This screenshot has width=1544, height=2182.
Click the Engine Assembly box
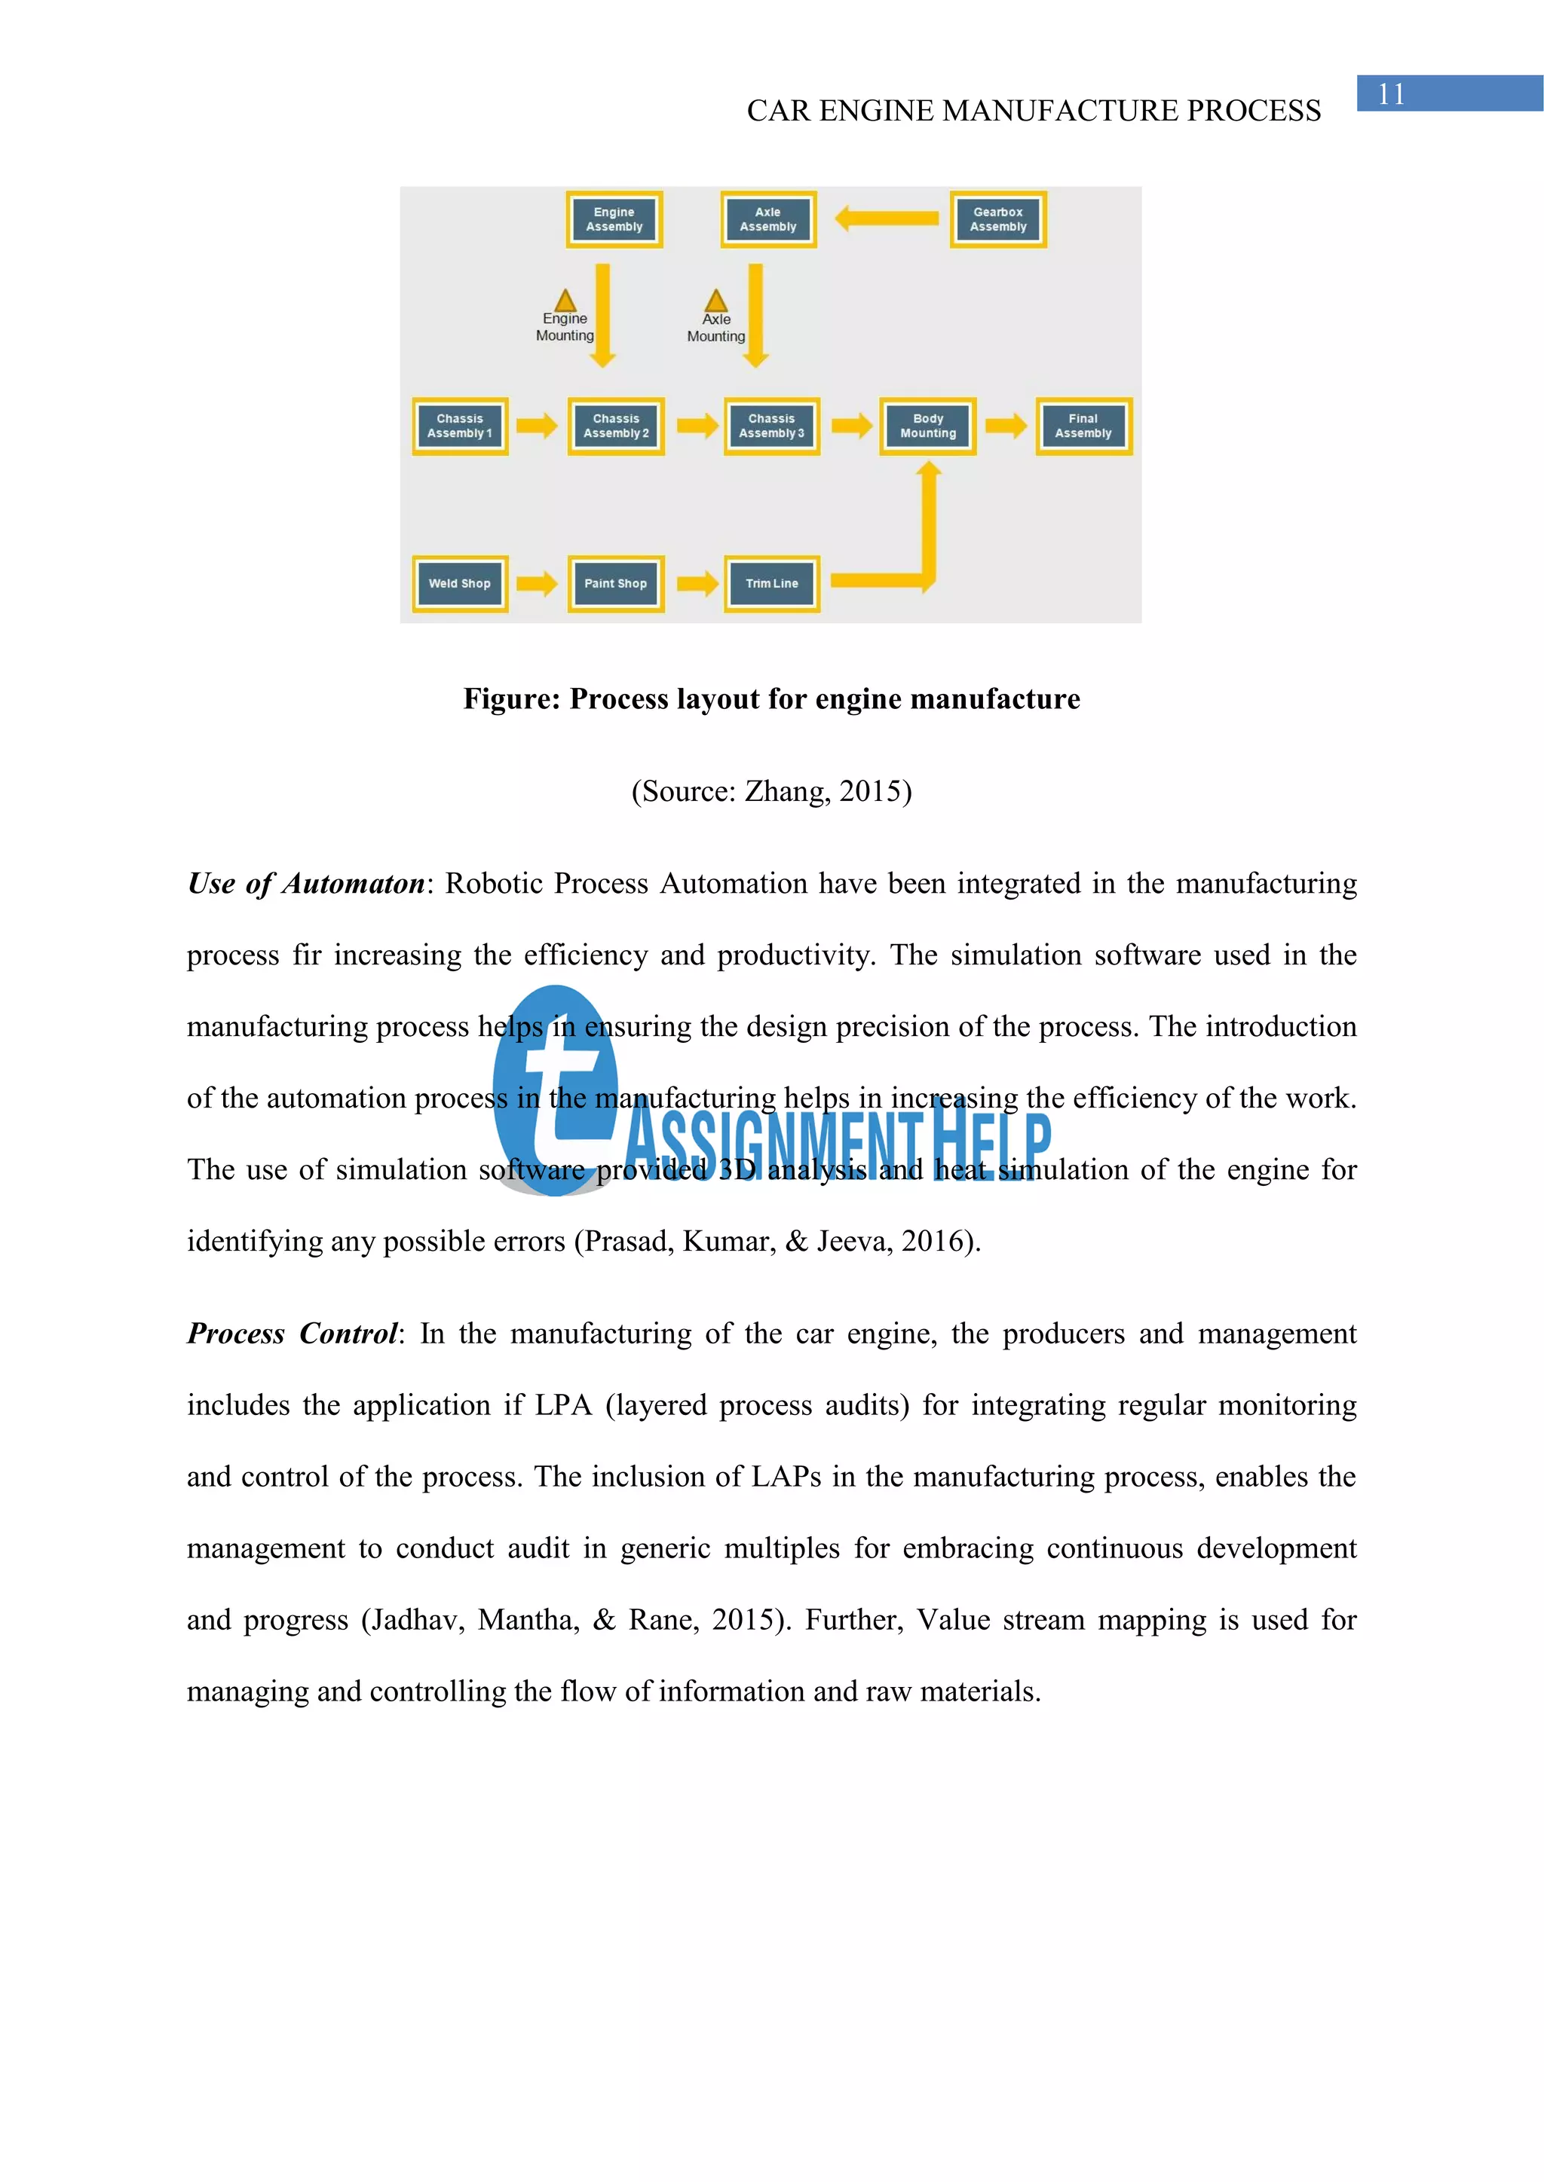614,219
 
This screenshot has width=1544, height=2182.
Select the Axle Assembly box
768,219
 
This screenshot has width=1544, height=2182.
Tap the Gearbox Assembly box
998,219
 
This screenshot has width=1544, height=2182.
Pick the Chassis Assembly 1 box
460,426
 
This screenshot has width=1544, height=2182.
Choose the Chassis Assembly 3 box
771,426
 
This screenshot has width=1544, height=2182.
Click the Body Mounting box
928,426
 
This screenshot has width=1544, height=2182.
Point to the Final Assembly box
1083,426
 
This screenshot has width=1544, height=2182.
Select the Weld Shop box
460,583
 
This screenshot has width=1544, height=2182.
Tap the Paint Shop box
615,583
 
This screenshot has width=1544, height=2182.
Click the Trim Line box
771,583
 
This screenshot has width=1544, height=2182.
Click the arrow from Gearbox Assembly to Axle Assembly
886,219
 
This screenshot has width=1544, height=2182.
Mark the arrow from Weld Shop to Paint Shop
538,582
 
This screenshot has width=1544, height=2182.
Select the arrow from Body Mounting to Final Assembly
1006,425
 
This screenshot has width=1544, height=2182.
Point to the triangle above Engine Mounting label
565,301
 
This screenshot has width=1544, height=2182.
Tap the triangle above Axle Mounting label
716,301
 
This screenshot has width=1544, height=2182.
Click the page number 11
1391,94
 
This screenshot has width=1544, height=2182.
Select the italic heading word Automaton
353,883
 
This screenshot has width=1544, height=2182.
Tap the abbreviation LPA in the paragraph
564,1404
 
